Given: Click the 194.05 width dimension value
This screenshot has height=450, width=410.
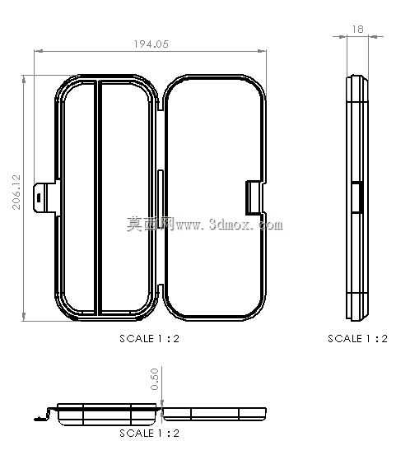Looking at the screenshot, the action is coord(151,44).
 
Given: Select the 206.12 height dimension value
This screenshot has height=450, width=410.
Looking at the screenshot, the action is coord(16,192).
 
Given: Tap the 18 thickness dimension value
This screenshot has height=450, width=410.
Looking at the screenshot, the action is coord(357,29).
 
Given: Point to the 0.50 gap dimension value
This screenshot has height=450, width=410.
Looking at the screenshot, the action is coord(154,379).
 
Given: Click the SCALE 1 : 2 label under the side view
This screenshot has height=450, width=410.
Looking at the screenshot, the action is coord(358,339).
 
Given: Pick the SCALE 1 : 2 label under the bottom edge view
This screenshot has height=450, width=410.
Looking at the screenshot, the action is coord(149,433).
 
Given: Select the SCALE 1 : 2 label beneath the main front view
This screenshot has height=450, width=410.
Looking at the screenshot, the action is coord(149,339).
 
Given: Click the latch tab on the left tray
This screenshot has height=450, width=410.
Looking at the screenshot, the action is coord(46,197).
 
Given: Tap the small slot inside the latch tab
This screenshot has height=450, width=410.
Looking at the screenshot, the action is coord(39,197).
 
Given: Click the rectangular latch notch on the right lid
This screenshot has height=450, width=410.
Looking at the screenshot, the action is coord(254,197).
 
